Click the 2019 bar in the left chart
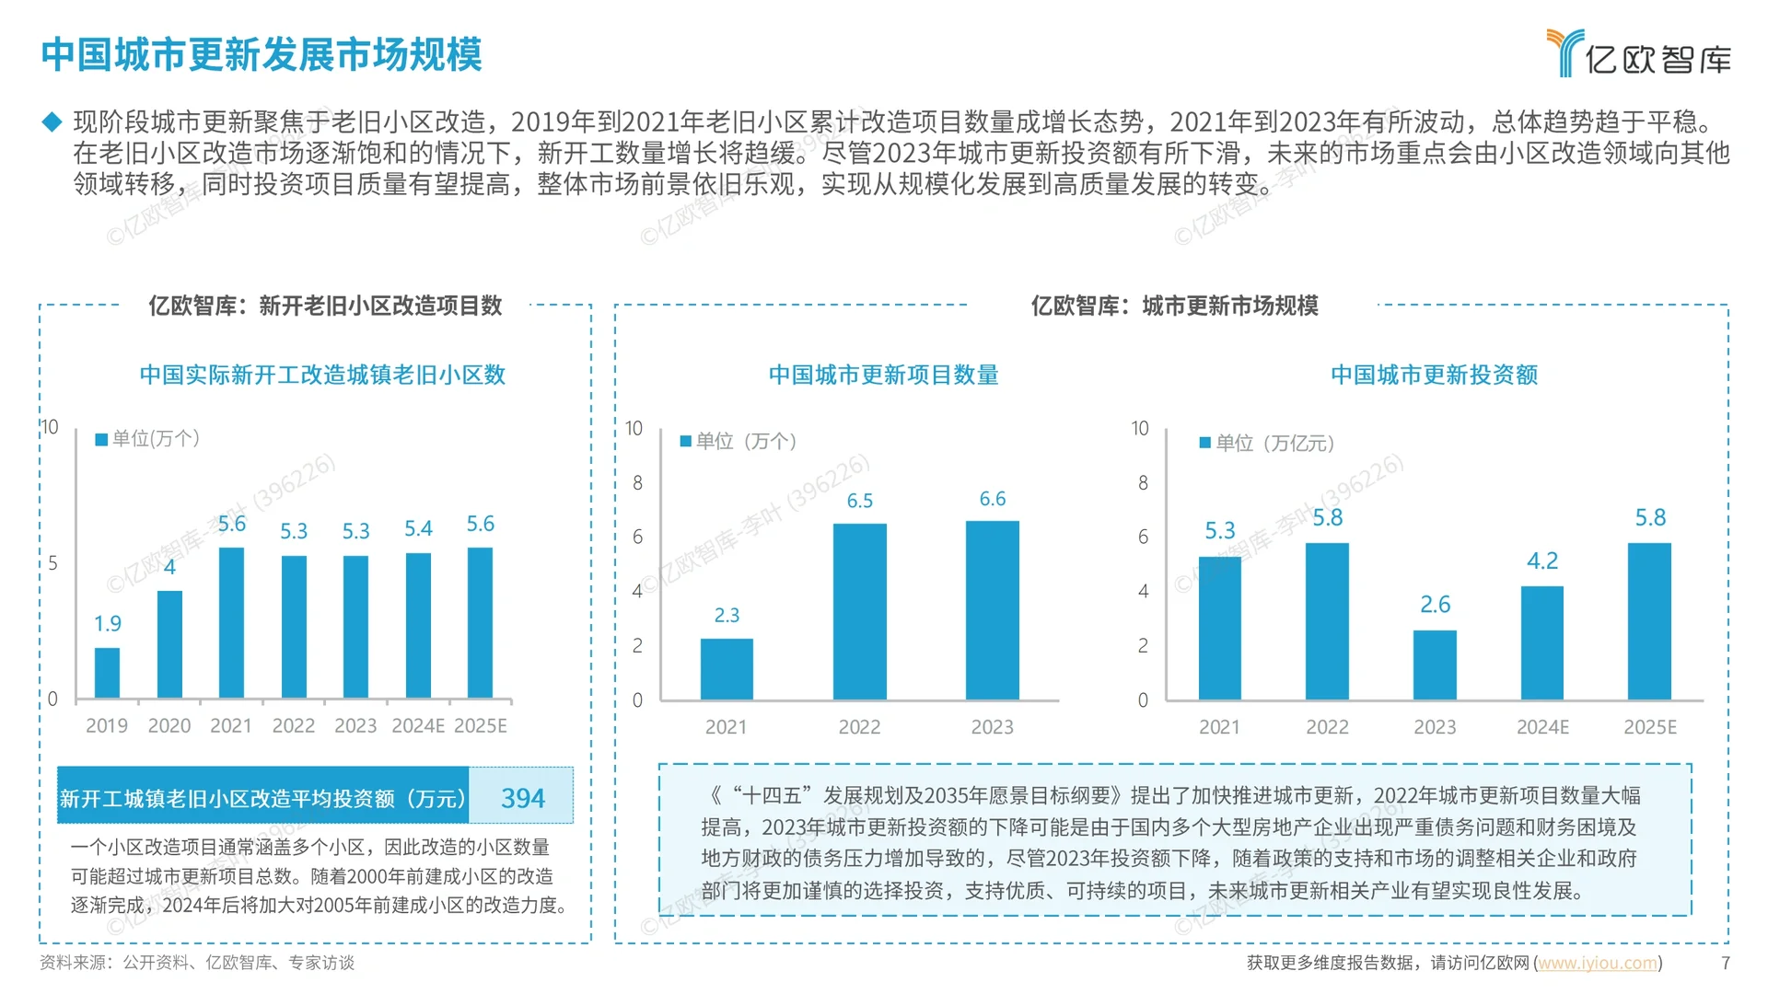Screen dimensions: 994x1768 pyautogui.click(x=108, y=673)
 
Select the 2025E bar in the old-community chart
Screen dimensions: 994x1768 pyautogui.click(x=480, y=623)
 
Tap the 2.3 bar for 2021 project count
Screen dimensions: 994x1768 pyautogui.click(x=727, y=669)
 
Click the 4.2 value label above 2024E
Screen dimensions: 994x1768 pyautogui.click(x=1542, y=561)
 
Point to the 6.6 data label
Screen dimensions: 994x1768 pyautogui.click(x=992, y=499)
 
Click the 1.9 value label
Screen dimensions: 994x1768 pyautogui.click(x=108, y=624)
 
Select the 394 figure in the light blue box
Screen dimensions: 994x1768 pyautogui.click(x=522, y=798)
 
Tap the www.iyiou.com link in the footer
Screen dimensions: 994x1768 pyautogui.click(x=1598, y=963)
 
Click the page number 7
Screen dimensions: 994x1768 pyautogui.click(x=1725, y=963)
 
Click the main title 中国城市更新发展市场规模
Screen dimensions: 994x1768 pyautogui.click(x=262, y=55)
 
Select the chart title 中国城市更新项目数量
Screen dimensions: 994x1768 pyautogui.click(x=883, y=376)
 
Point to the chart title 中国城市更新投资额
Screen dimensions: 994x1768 pyautogui.click(x=1434, y=376)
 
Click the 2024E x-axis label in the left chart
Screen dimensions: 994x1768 pyautogui.click(x=418, y=726)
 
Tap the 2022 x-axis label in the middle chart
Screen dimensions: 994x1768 pyautogui.click(x=859, y=727)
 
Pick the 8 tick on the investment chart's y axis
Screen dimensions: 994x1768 pyautogui.click(x=1143, y=483)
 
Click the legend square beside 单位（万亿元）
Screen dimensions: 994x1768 pyautogui.click(x=1204, y=444)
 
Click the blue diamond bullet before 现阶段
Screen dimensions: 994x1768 pyautogui.click(x=52, y=121)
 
